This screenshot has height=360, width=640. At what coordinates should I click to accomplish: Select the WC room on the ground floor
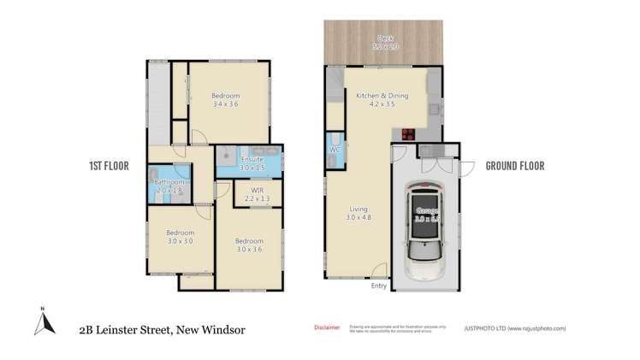click(x=335, y=150)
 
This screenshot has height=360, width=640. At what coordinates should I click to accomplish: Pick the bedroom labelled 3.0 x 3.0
click(x=181, y=236)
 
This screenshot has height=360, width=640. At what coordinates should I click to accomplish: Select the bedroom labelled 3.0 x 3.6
click(x=250, y=245)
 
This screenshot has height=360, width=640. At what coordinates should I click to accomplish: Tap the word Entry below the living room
click(x=379, y=286)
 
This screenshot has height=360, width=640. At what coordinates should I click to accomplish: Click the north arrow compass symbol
click(x=41, y=322)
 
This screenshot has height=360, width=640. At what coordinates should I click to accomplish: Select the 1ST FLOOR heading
click(x=109, y=166)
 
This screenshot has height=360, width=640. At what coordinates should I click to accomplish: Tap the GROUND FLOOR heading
click(x=515, y=166)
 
